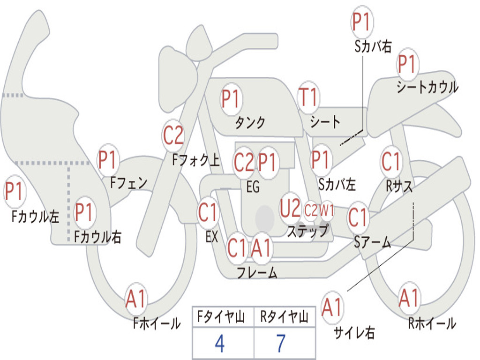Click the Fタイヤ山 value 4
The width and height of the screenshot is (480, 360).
[x=219, y=344]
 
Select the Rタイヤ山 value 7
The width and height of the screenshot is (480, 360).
[x=281, y=344]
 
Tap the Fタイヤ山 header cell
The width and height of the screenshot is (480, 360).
[x=219, y=318]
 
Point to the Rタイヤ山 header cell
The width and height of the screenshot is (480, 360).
[x=284, y=318]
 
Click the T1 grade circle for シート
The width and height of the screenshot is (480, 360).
[x=308, y=98]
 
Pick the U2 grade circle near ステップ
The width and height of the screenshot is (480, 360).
[x=290, y=209]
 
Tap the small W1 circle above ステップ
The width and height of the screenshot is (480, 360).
[x=327, y=211]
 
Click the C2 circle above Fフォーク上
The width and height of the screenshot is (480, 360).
[x=173, y=136]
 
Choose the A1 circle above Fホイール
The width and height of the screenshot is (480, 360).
[x=136, y=299]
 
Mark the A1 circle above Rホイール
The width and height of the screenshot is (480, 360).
[x=409, y=298]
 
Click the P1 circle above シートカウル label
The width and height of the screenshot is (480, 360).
[x=407, y=65]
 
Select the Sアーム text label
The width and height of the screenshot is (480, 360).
[x=373, y=241]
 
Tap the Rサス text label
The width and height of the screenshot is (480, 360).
[x=399, y=186]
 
